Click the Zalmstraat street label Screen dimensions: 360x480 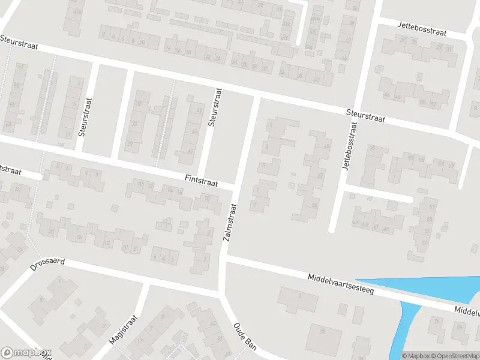pyautogui.click(x=231, y=223)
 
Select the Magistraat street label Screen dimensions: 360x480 pyautogui.click(x=124, y=329)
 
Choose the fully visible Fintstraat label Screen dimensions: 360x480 pyautogui.click(x=202, y=179)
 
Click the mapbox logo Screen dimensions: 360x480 pyautogui.click(x=26, y=353)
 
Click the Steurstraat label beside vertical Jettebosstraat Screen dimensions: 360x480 pyautogui.click(x=365, y=116)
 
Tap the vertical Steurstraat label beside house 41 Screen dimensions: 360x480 pyautogui.click(x=214, y=107)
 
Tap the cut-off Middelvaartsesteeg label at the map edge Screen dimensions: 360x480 pyautogui.click(x=467, y=311)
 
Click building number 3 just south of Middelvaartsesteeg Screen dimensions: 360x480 pyautogui.click(x=299, y=295)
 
